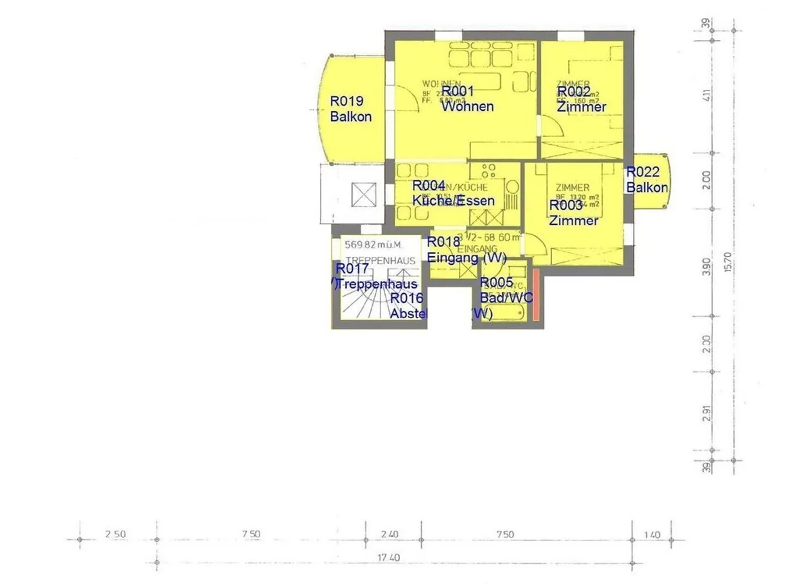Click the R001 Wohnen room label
467,99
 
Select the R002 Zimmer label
581,99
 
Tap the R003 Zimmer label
573,212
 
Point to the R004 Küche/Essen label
453,193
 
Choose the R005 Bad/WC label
505,290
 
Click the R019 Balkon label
350,109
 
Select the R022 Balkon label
646,180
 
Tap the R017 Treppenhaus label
376,276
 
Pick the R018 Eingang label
466,250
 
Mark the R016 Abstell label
407,306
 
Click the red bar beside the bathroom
537,295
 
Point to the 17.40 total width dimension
388,557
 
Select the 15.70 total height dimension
727,262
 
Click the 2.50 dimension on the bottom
115,534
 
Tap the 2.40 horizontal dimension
390,534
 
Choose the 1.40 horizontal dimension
652,535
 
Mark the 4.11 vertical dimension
706,95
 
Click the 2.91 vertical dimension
706,413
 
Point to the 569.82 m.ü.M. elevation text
373,245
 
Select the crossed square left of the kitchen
364,195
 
